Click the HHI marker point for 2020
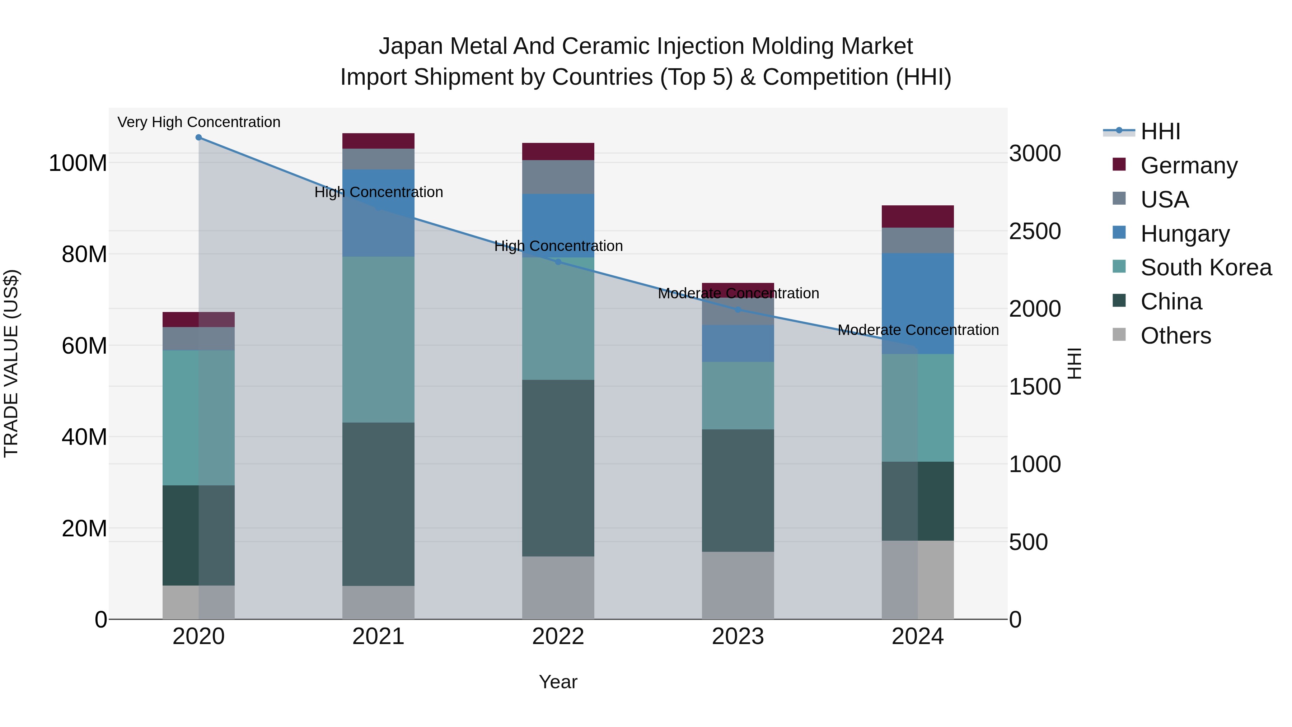coord(198,138)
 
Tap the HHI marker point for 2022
coord(558,262)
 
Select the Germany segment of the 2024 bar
coord(918,216)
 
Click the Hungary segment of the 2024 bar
coord(918,303)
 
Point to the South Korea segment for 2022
coord(558,318)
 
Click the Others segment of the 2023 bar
coord(738,585)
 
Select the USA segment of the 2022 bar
coord(558,177)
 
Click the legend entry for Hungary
coord(1185,234)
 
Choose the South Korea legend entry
coord(1206,267)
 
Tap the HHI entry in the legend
coord(1160,131)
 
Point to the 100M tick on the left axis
coord(78,164)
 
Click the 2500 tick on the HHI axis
coord(1035,231)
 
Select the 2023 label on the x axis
coord(738,637)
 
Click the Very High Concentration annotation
coord(198,122)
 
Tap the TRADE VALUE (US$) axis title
coord(11,363)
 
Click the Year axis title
coord(558,682)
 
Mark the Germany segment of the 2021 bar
coord(378,141)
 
